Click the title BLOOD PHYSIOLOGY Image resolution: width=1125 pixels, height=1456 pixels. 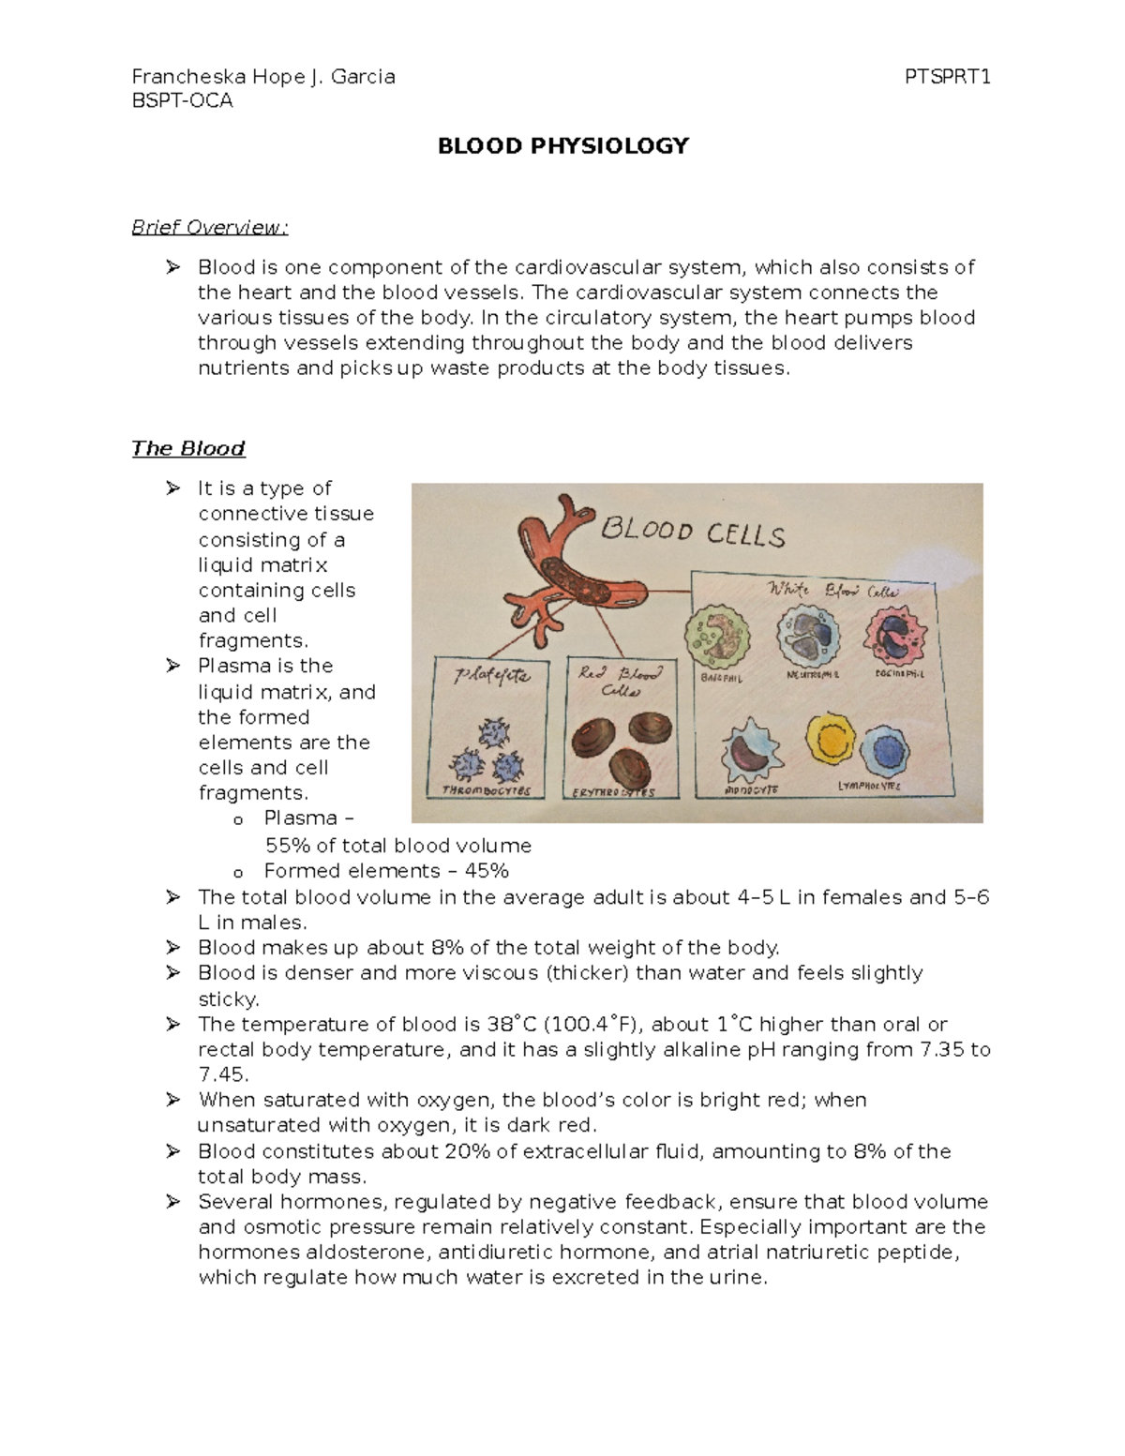point(562,145)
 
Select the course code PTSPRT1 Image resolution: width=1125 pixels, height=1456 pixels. point(948,77)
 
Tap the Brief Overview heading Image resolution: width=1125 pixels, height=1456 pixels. point(210,228)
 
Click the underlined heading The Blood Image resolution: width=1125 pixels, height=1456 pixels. point(187,448)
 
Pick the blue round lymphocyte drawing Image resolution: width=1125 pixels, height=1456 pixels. point(886,751)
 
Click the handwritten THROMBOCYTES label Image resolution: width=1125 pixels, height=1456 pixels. point(486,791)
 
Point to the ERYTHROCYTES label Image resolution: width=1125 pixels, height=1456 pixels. point(613,793)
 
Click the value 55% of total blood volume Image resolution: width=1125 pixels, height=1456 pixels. point(398,846)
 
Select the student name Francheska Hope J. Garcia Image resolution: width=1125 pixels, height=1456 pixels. point(263,77)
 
